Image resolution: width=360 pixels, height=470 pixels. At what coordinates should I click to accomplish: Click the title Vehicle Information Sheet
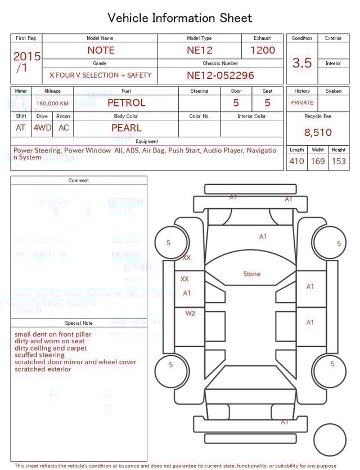[x=180, y=18]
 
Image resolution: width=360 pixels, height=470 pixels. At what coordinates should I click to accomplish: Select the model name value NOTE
[x=100, y=50]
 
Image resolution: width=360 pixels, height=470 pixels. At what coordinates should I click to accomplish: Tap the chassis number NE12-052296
[x=220, y=75]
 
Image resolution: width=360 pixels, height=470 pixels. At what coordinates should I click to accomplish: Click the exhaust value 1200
[x=263, y=50]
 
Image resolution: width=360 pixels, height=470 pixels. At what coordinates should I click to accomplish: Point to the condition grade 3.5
[x=302, y=63]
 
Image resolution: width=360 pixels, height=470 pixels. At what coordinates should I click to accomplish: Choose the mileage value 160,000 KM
[x=52, y=104]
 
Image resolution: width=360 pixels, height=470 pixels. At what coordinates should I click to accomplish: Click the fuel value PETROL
[x=127, y=103]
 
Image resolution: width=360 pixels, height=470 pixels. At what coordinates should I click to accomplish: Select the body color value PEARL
[x=127, y=128]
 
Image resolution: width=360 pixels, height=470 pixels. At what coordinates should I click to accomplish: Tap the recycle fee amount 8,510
[x=318, y=133]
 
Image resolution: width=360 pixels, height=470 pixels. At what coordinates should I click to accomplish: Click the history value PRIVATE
[x=302, y=103]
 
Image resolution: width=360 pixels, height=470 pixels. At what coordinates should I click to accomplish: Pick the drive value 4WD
[x=42, y=128]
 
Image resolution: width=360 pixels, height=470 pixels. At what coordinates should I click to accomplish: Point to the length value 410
[x=296, y=162]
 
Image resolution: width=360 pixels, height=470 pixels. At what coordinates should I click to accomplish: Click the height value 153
[x=339, y=162]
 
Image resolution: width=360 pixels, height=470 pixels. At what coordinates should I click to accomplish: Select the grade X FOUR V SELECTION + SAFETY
[x=100, y=75]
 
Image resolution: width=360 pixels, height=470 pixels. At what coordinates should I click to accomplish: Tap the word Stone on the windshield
[x=251, y=274]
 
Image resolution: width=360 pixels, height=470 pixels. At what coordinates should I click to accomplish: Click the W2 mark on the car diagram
[x=190, y=314]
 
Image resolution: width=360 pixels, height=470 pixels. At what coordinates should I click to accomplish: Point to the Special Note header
[x=79, y=323]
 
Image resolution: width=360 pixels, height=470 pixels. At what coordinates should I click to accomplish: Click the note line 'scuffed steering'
[x=40, y=355]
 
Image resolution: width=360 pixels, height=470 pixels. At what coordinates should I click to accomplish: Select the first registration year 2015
[x=27, y=56]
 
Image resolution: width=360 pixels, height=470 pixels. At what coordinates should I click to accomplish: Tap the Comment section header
[x=79, y=181]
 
